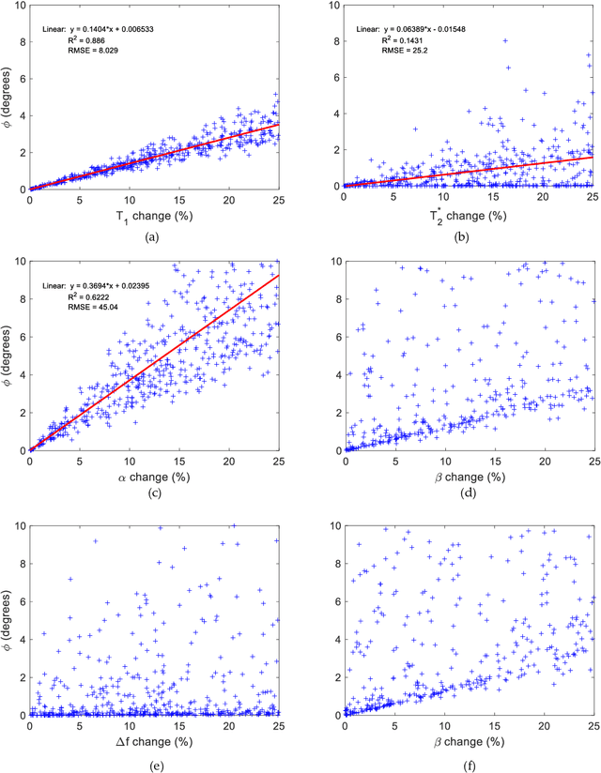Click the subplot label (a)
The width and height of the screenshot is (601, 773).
pyautogui.click(x=153, y=238)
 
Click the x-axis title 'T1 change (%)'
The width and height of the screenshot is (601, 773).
pyautogui.click(x=153, y=216)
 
